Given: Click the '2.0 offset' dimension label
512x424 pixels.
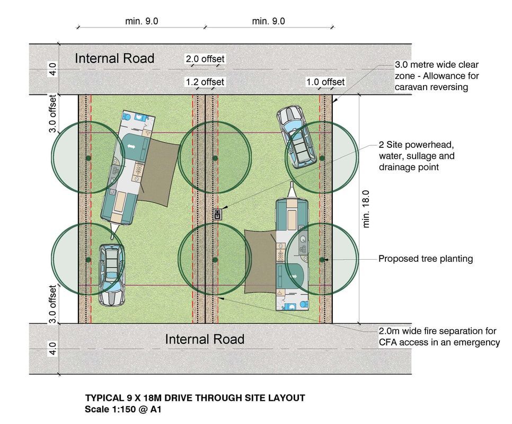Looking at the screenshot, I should (x=205, y=59).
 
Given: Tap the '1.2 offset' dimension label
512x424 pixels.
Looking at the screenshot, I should (x=205, y=82).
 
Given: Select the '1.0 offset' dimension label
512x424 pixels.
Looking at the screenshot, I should (x=325, y=82).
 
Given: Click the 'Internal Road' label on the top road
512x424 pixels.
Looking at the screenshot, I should (x=114, y=58).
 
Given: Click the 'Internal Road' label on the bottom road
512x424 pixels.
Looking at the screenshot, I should (x=205, y=339).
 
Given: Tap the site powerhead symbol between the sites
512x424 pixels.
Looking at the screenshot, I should (x=218, y=214).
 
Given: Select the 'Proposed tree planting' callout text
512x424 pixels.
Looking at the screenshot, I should (x=425, y=259).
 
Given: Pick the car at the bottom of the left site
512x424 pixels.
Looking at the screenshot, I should (x=111, y=274).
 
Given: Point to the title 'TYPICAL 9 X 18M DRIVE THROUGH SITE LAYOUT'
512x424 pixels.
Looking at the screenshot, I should (x=195, y=398).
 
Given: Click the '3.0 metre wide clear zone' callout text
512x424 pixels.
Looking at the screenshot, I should (x=437, y=76).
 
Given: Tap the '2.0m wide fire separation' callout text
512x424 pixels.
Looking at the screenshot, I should (x=439, y=337).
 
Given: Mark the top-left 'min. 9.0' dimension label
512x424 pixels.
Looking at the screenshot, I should (x=142, y=21).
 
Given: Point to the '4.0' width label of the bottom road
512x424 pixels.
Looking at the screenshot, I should (x=52, y=349).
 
